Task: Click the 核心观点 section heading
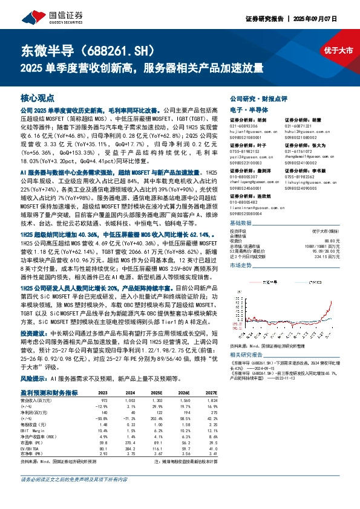pyautogui.click(x=38, y=97)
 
